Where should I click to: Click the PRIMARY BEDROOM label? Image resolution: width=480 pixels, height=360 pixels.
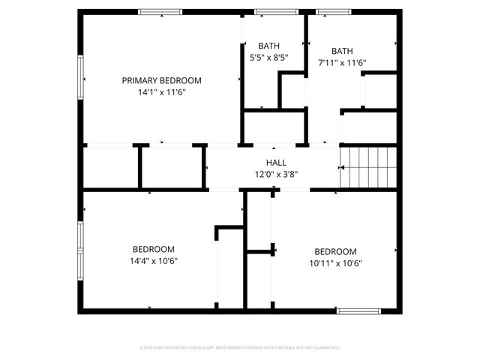162,80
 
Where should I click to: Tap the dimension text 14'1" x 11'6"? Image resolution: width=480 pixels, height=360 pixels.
162,92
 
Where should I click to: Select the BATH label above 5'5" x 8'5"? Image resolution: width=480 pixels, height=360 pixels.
269,45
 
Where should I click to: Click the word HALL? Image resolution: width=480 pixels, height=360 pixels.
276,163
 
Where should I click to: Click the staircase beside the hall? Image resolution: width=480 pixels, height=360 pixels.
367,169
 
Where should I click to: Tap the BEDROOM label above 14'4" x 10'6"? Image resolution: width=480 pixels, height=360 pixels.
154,250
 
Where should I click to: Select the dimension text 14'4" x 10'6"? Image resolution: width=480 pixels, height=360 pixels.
154,261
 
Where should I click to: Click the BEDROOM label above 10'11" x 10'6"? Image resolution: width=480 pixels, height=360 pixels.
335,252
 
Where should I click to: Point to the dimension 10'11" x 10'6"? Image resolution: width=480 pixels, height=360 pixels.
335,263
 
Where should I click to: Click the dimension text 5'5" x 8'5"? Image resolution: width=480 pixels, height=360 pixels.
269,57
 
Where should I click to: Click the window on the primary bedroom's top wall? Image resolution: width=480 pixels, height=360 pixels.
160,12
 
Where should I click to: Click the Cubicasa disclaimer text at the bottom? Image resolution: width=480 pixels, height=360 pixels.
240,348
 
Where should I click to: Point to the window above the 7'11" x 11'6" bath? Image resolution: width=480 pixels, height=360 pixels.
327,12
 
